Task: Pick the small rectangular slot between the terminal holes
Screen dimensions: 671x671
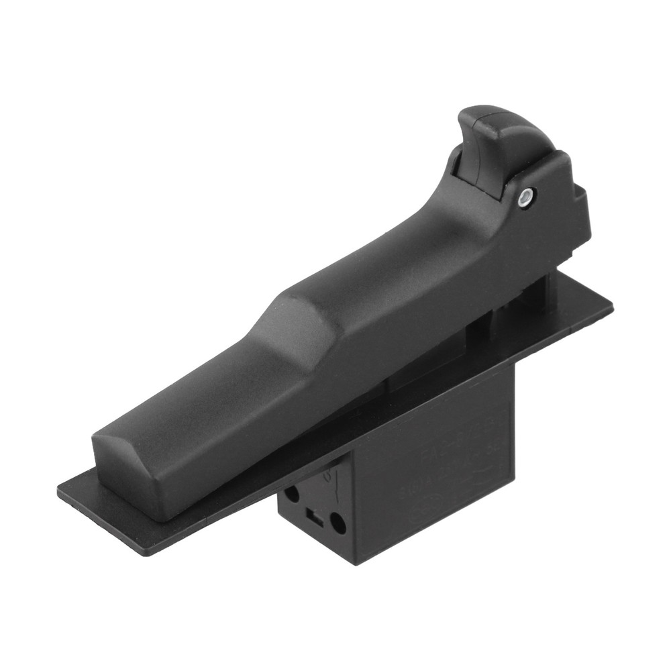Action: (x=311, y=517)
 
